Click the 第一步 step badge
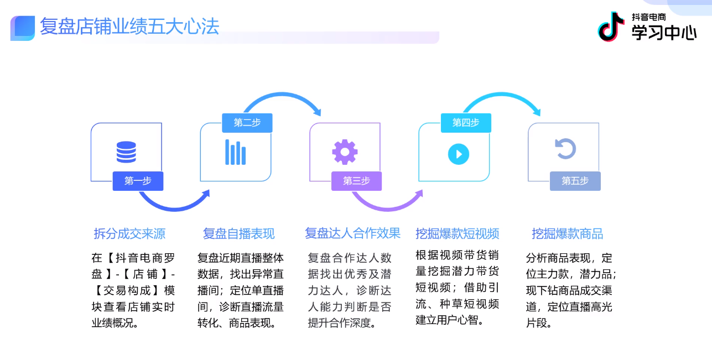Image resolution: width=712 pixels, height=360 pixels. click(138, 181)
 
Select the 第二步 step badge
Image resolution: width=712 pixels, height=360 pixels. click(247, 123)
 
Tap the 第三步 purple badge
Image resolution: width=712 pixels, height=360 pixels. click(356, 181)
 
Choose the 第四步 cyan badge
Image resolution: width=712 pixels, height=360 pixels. click(465, 123)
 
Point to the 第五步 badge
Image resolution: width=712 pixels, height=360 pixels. click(575, 181)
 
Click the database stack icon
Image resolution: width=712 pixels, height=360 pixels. click(126, 152)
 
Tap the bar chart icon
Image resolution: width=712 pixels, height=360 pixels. click(235, 152)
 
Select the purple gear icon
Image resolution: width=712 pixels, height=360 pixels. click(345, 152)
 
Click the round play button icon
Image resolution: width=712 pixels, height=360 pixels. click(459, 154)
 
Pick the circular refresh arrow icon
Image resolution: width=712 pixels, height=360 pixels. click(565, 149)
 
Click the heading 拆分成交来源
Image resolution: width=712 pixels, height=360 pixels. click(129, 234)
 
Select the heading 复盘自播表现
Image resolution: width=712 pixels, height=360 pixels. click(238, 234)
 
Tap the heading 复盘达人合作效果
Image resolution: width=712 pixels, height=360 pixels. click(352, 233)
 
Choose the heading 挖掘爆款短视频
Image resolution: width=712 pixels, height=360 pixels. click(458, 234)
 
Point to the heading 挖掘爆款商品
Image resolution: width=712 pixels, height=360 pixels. click(567, 234)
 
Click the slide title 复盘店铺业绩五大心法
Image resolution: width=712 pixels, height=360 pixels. click(129, 26)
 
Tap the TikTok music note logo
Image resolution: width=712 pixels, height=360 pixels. click(611, 27)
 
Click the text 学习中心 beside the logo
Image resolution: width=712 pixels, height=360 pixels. click(664, 33)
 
